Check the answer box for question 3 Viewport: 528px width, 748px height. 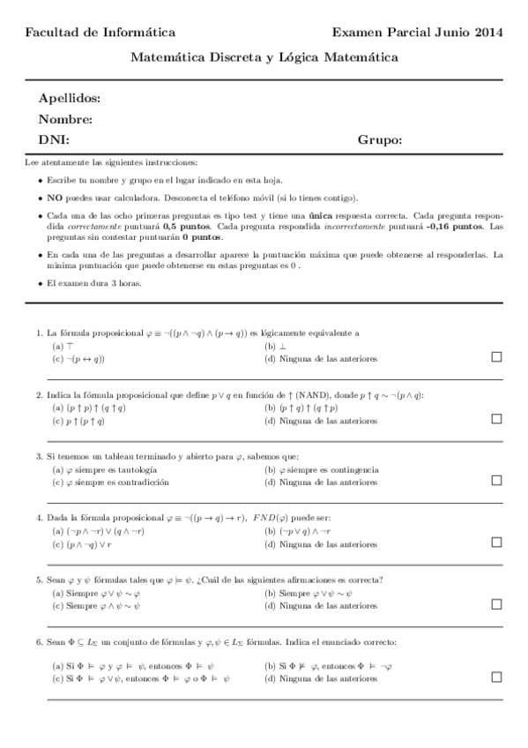[x=496, y=481]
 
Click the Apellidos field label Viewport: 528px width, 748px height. [x=70, y=98]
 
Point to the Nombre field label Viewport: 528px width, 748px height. [x=66, y=119]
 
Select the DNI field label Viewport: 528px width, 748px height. [x=54, y=140]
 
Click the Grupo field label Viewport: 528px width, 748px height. [x=380, y=140]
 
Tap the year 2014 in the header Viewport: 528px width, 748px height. [x=485, y=33]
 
